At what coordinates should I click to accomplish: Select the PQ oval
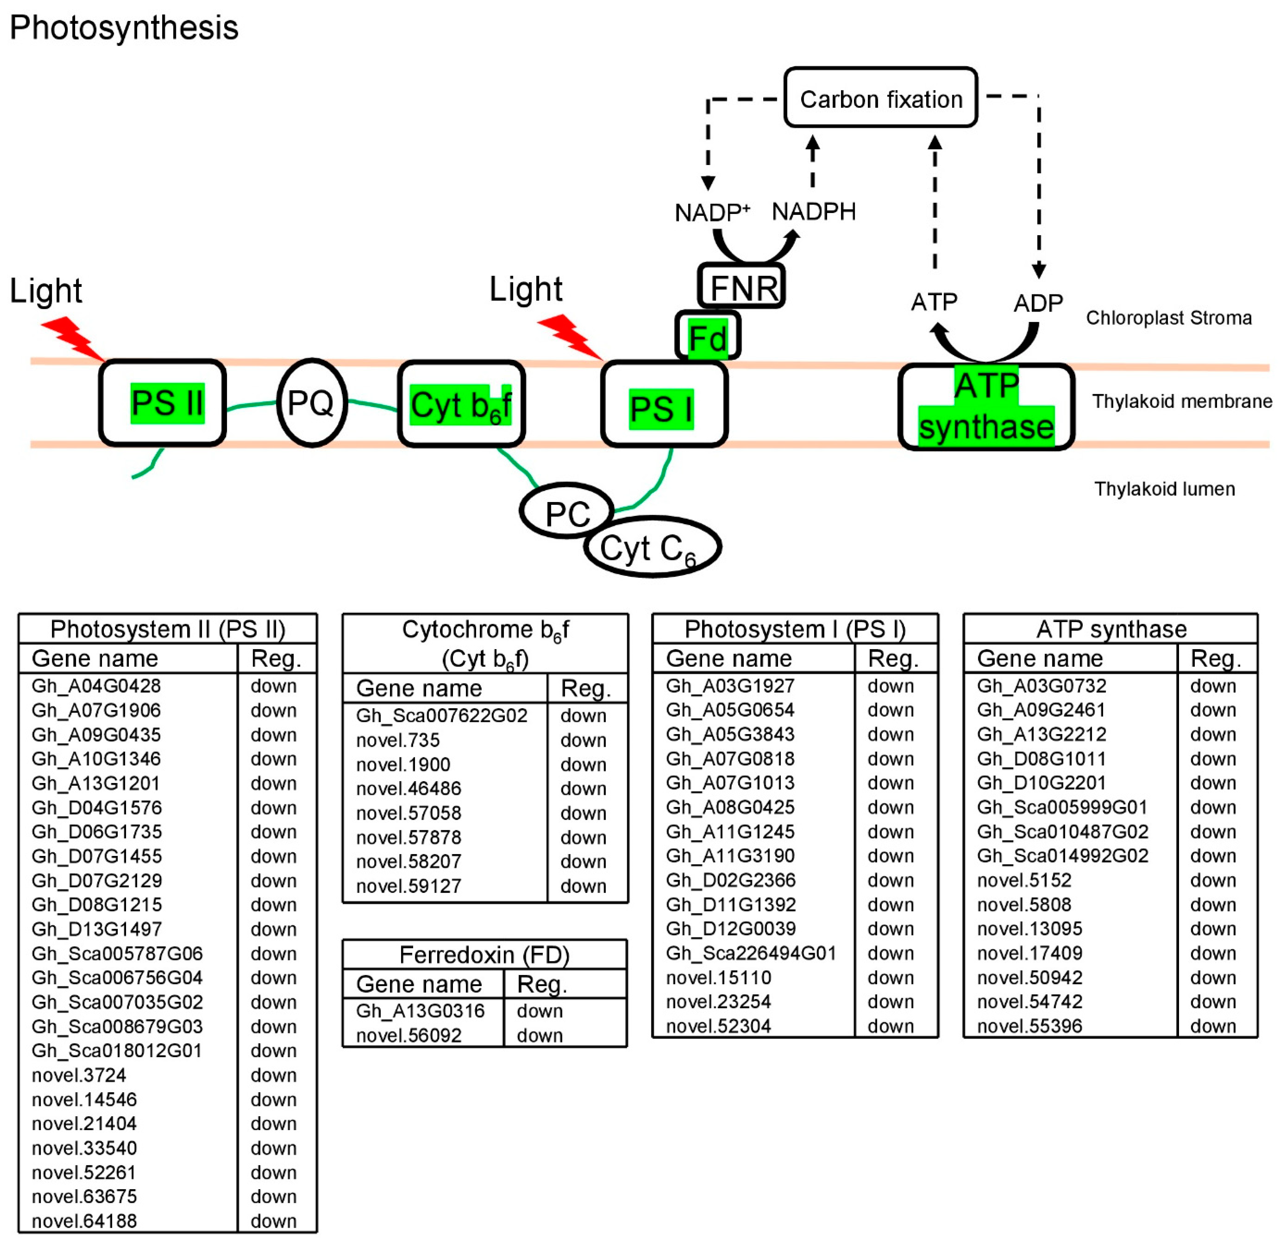[x=312, y=402]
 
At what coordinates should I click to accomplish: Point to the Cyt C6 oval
[x=652, y=547]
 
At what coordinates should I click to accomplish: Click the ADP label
[x=1038, y=303]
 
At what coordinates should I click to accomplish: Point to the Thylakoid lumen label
[x=1165, y=489]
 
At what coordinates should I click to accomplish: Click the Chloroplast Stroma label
[x=1169, y=318]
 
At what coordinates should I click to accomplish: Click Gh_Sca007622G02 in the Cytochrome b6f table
[x=442, y=716]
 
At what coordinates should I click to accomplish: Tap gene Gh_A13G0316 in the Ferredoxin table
[x=420, y=1011]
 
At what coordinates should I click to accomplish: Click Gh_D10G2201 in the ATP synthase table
[x=1041, y=783]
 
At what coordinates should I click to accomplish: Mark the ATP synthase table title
[x=1111, y=629]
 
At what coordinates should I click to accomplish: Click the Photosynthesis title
[x=124, y=28]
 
